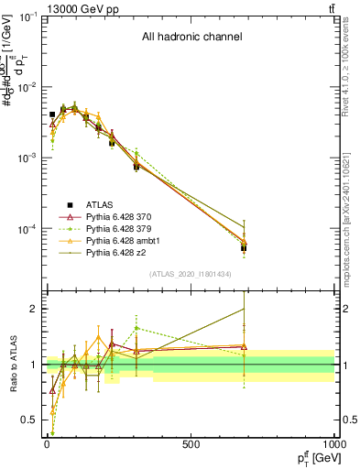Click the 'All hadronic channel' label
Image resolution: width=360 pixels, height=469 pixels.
pos(191,38)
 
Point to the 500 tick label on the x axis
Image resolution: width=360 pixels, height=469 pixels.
pos(191,445)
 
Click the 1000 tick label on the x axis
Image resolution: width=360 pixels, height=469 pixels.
pos(334,445)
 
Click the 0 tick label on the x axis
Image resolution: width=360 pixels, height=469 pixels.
pos(47,445)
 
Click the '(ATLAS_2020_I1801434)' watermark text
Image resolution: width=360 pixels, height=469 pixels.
pos(191,274)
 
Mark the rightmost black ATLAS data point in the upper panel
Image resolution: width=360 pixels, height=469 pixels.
pos(245,248)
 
